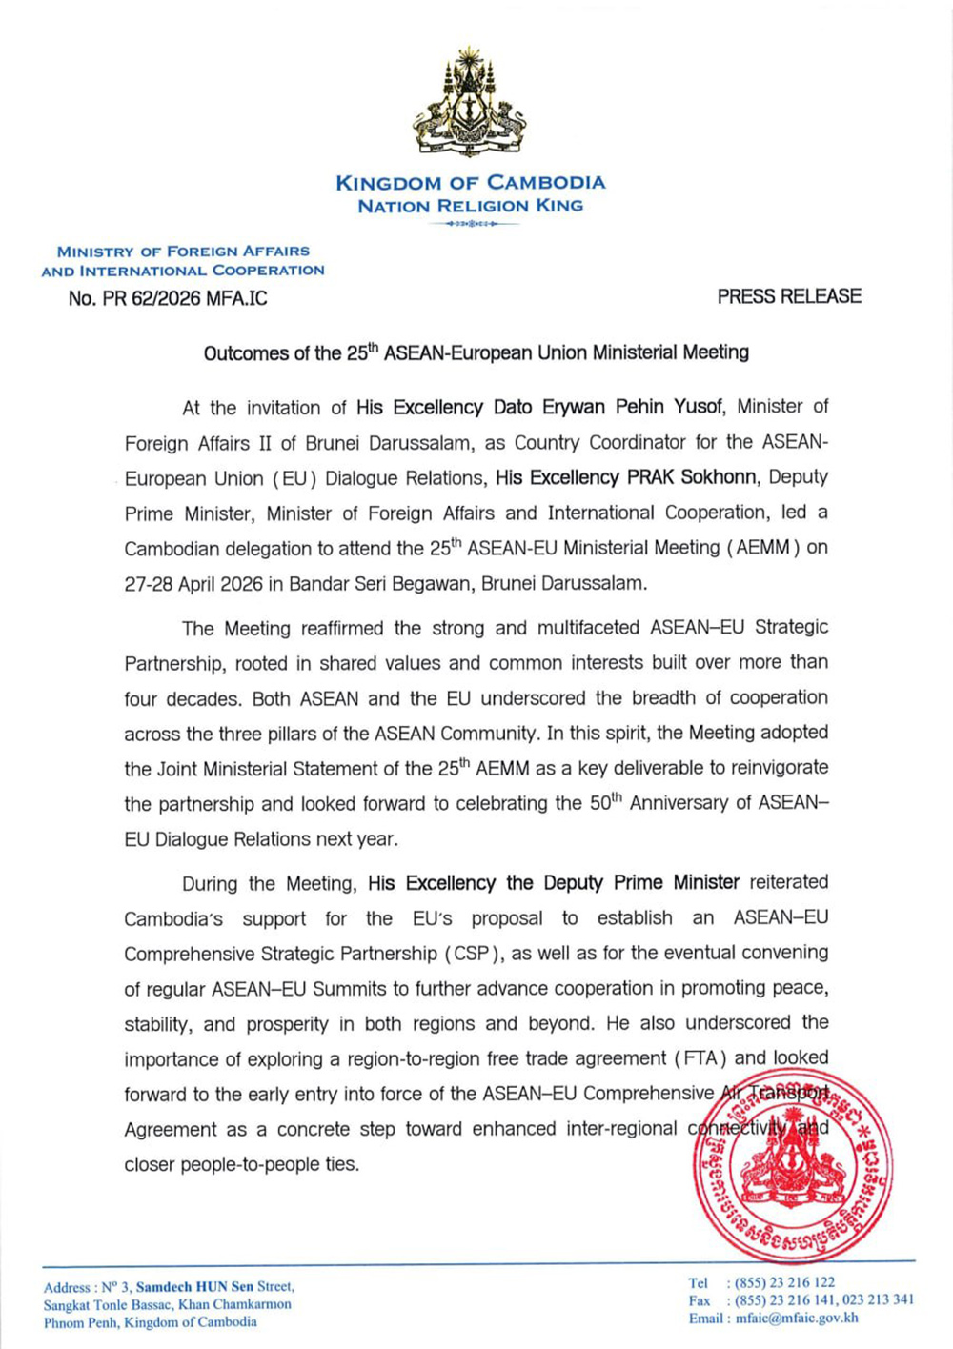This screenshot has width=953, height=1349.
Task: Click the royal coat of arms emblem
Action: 469,102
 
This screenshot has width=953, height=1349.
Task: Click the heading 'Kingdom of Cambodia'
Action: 470,182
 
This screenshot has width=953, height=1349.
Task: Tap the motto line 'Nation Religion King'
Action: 470,206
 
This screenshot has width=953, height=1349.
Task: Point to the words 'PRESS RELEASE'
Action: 789,296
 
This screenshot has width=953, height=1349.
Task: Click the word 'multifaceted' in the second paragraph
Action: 588,628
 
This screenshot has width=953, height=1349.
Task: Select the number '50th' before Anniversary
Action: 605,803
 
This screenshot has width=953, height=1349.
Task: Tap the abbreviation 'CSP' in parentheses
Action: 472,954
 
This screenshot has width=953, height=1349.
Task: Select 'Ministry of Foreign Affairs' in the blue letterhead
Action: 183,252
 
